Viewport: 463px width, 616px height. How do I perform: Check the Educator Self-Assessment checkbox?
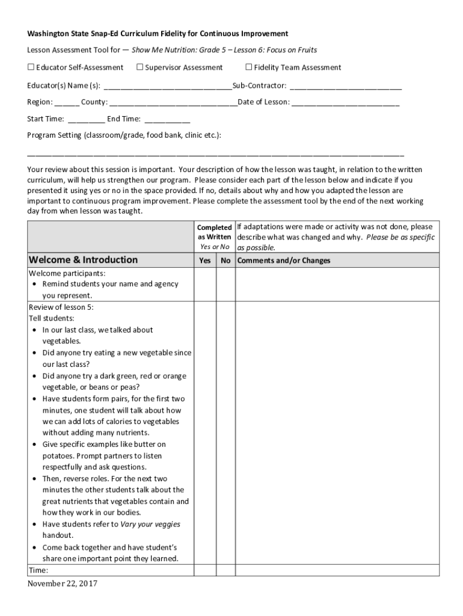click(x=31, y=67)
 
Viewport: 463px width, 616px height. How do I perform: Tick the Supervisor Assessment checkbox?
click(x=140, y=67)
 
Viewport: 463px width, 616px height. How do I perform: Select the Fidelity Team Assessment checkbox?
click(x=249, y=67)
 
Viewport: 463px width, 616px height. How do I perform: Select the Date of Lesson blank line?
click(x=345, y=103)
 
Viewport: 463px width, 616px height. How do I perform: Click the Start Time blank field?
click(x=87, y=119)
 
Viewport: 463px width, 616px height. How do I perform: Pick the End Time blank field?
click(x=167, y=119)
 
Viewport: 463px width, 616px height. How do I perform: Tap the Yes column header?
click(x=205, y=261)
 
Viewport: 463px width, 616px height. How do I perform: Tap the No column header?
click(x=225, y=261)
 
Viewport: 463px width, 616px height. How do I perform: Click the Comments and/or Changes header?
click(x=284, y=261)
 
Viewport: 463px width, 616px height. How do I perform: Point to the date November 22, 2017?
click(x=62, y=584)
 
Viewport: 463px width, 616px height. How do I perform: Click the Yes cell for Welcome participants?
click(x=205, y=284)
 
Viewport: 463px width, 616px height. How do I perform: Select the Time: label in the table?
click(x=38, y=570)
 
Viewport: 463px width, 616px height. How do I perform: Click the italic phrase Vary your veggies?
click(x=150, y=524)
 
